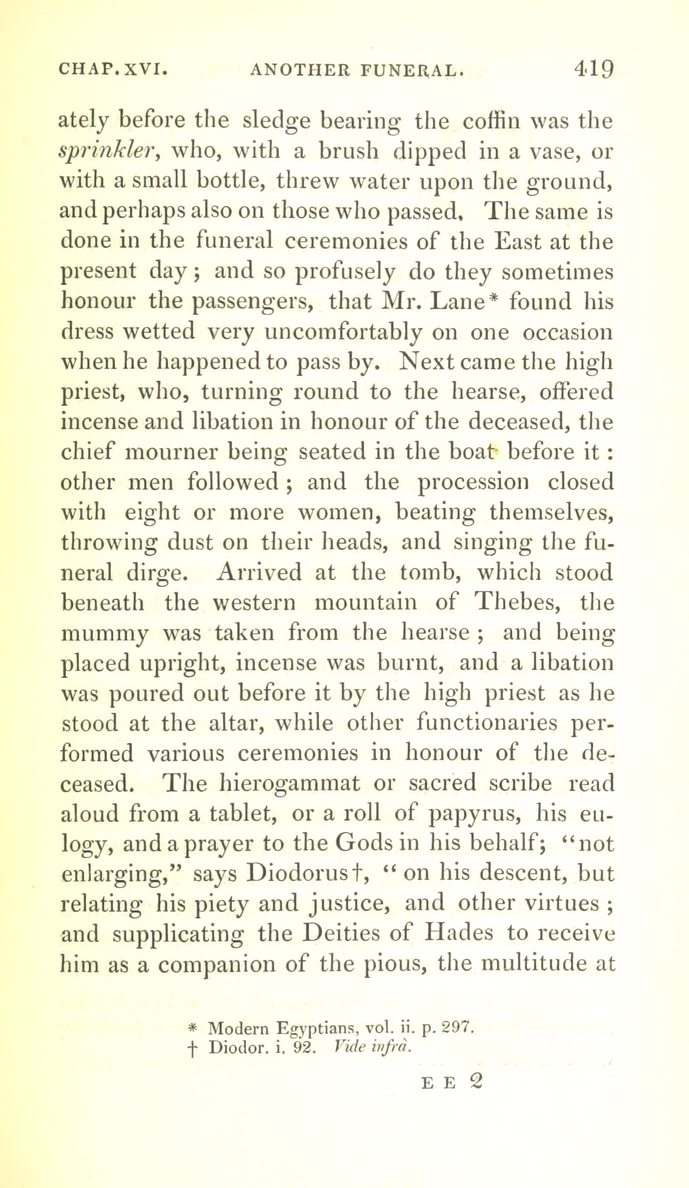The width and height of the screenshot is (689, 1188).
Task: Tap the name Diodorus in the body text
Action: pos(299,874)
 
